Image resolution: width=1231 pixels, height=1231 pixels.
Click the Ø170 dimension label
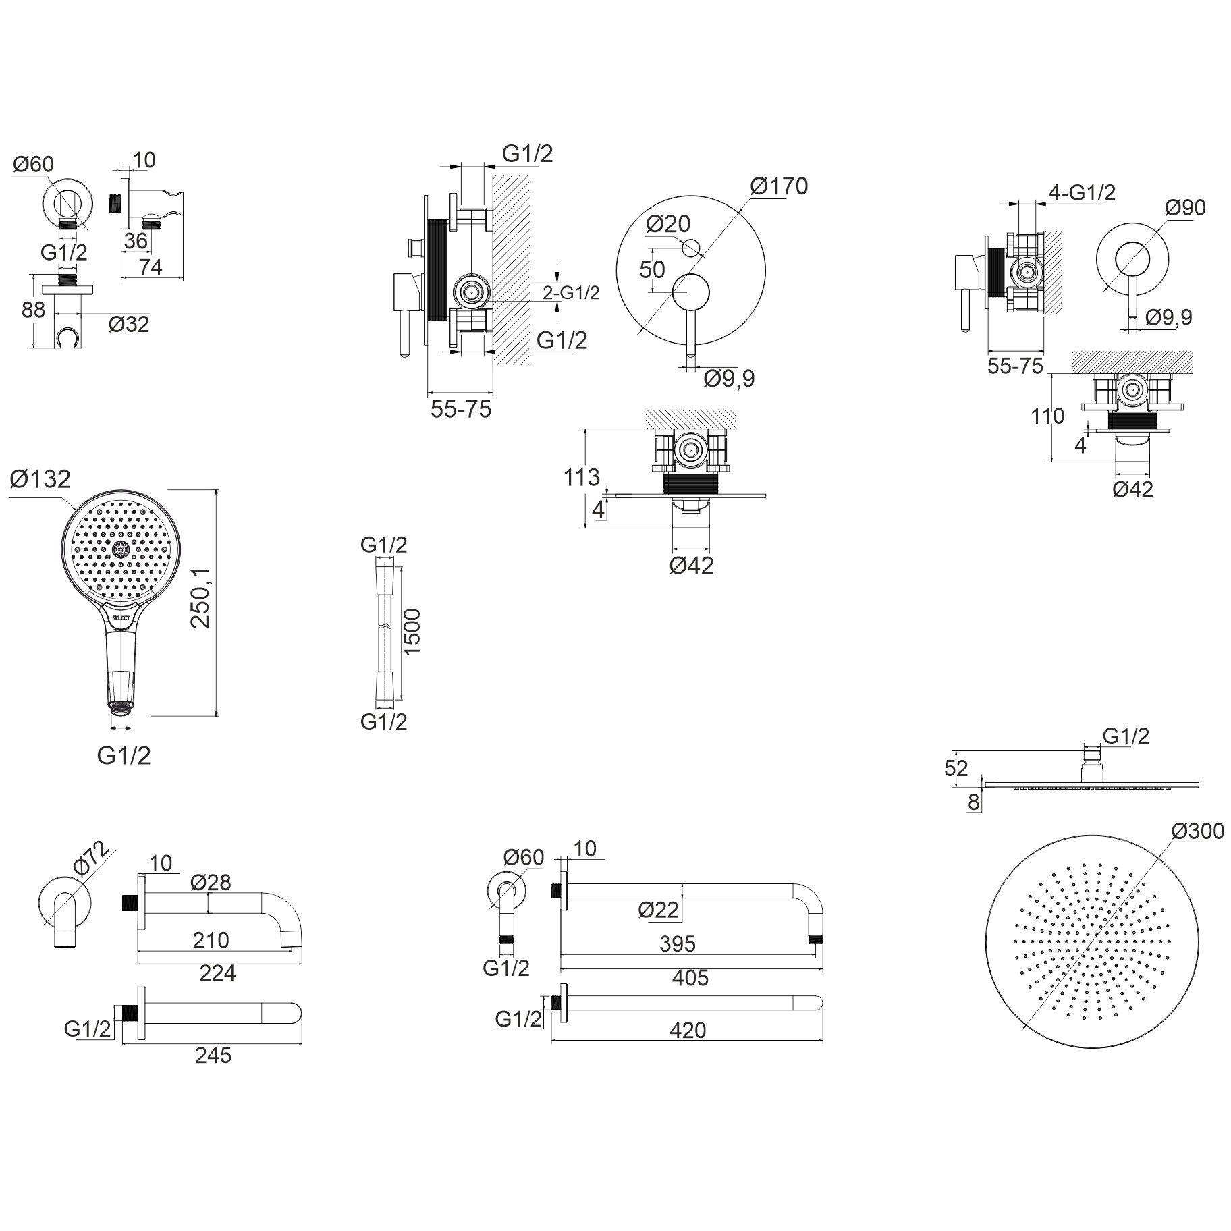778,186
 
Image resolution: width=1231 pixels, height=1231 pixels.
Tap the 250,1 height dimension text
201,597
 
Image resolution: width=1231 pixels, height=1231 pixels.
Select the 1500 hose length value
411,632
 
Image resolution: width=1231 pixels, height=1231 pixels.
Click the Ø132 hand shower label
40,478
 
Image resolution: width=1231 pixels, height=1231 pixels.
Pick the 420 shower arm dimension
688,1031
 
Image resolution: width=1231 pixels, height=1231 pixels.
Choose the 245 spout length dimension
213,1055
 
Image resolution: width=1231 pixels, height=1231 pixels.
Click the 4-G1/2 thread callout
1082,192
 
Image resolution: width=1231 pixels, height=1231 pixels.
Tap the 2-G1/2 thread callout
571,293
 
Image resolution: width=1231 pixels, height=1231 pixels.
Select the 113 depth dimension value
581,477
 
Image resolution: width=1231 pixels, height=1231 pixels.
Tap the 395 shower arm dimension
677,943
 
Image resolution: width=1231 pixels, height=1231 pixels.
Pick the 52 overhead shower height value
956,768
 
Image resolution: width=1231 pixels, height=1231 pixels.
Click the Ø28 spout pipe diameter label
211,882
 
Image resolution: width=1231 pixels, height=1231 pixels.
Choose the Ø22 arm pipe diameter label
659,910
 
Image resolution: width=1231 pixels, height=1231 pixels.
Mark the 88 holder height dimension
33,310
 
